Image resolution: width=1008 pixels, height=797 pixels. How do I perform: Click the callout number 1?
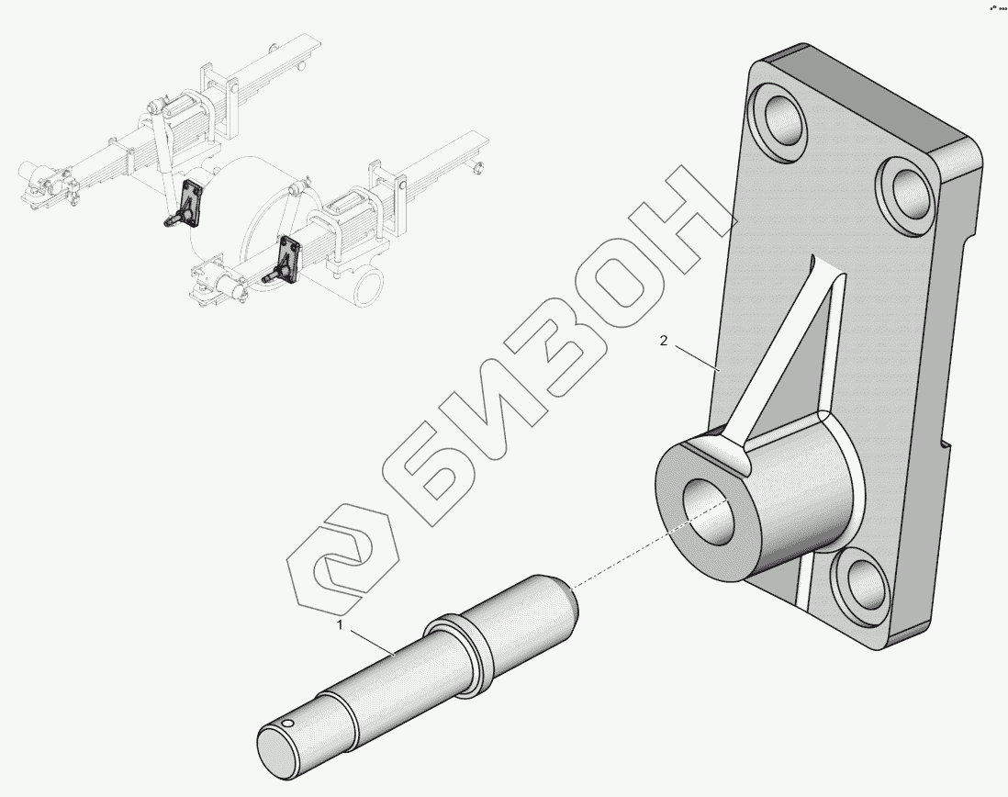(341, 624)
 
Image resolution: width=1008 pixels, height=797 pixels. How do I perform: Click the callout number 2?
(664, 341)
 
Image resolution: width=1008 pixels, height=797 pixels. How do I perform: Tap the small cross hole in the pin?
(288, 724)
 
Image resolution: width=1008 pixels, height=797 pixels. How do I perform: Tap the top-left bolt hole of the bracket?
(780, 121)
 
